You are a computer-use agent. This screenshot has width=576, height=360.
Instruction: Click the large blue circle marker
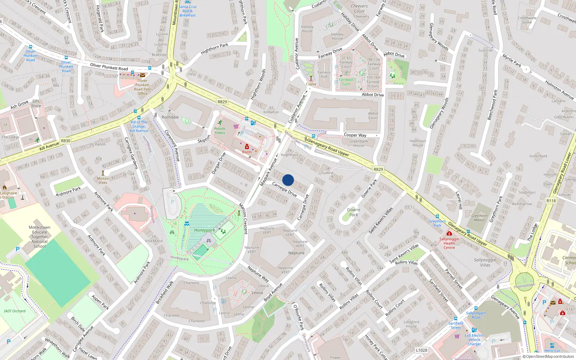288,180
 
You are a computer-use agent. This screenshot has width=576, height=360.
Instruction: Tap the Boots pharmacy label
247,152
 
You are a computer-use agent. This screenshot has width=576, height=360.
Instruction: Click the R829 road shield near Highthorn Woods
222,102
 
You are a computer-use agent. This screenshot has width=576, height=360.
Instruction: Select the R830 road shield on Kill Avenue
66,141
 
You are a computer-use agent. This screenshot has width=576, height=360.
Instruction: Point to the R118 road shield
551,201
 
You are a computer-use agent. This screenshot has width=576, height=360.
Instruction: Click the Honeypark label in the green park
204,230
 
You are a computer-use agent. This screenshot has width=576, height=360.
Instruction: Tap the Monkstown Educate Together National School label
39,237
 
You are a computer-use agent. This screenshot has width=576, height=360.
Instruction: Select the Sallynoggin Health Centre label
449,243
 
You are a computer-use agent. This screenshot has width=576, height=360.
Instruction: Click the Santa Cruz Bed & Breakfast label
188,11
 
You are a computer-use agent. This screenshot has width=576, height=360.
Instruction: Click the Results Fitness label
220,131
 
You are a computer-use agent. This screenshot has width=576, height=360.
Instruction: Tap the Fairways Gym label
346,82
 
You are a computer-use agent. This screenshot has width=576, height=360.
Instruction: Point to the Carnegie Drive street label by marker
284,189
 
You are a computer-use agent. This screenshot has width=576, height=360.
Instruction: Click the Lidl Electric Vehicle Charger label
474,339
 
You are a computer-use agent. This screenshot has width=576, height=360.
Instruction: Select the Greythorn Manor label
479,218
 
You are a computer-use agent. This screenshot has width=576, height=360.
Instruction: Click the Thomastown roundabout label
524,286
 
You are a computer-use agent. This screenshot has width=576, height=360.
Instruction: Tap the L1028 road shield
421,350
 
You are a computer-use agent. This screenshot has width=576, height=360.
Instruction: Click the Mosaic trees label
103,180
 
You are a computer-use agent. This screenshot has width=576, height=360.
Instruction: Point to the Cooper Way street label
355,135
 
